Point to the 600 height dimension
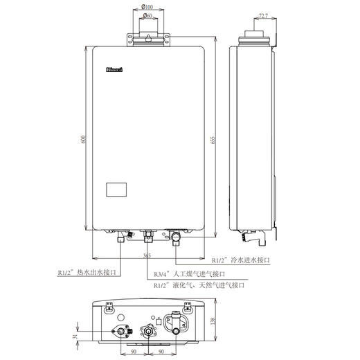coord(82,139)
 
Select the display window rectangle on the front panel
coord(114,189)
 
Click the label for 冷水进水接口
coord(240,260)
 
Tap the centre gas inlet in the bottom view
coord(147,331)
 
